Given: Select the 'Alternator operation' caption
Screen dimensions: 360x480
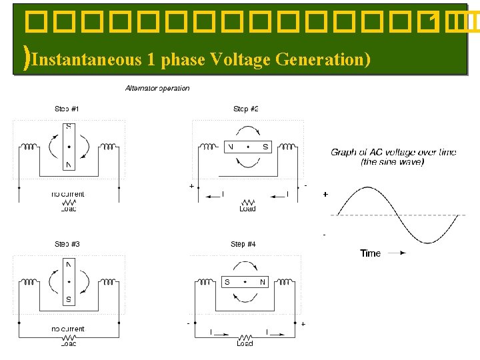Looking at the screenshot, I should coord(157,88).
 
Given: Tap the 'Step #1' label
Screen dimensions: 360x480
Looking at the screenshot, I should coord(67,109).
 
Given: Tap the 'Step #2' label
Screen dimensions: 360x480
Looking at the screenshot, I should coord(245,109).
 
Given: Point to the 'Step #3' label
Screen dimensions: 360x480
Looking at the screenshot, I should coord(67,244).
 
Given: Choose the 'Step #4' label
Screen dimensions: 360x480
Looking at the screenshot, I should coord(243,244).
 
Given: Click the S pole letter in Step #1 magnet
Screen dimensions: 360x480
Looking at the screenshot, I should coord(68,127).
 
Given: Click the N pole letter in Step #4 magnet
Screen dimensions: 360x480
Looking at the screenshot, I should coord(263,282).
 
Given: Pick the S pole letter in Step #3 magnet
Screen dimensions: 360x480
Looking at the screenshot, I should coord(68,299).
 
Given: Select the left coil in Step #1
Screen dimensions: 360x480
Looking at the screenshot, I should coord(30,147).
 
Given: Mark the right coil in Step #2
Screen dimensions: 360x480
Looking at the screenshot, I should coord(287,147).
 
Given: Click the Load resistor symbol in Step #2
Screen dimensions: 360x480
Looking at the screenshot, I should coord(248,201).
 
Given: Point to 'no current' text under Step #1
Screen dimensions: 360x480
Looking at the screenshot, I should coord(68,194).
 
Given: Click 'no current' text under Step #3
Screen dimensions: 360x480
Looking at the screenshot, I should coord(68,329).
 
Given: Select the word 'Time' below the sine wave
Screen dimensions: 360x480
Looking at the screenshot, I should coord(370,253).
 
